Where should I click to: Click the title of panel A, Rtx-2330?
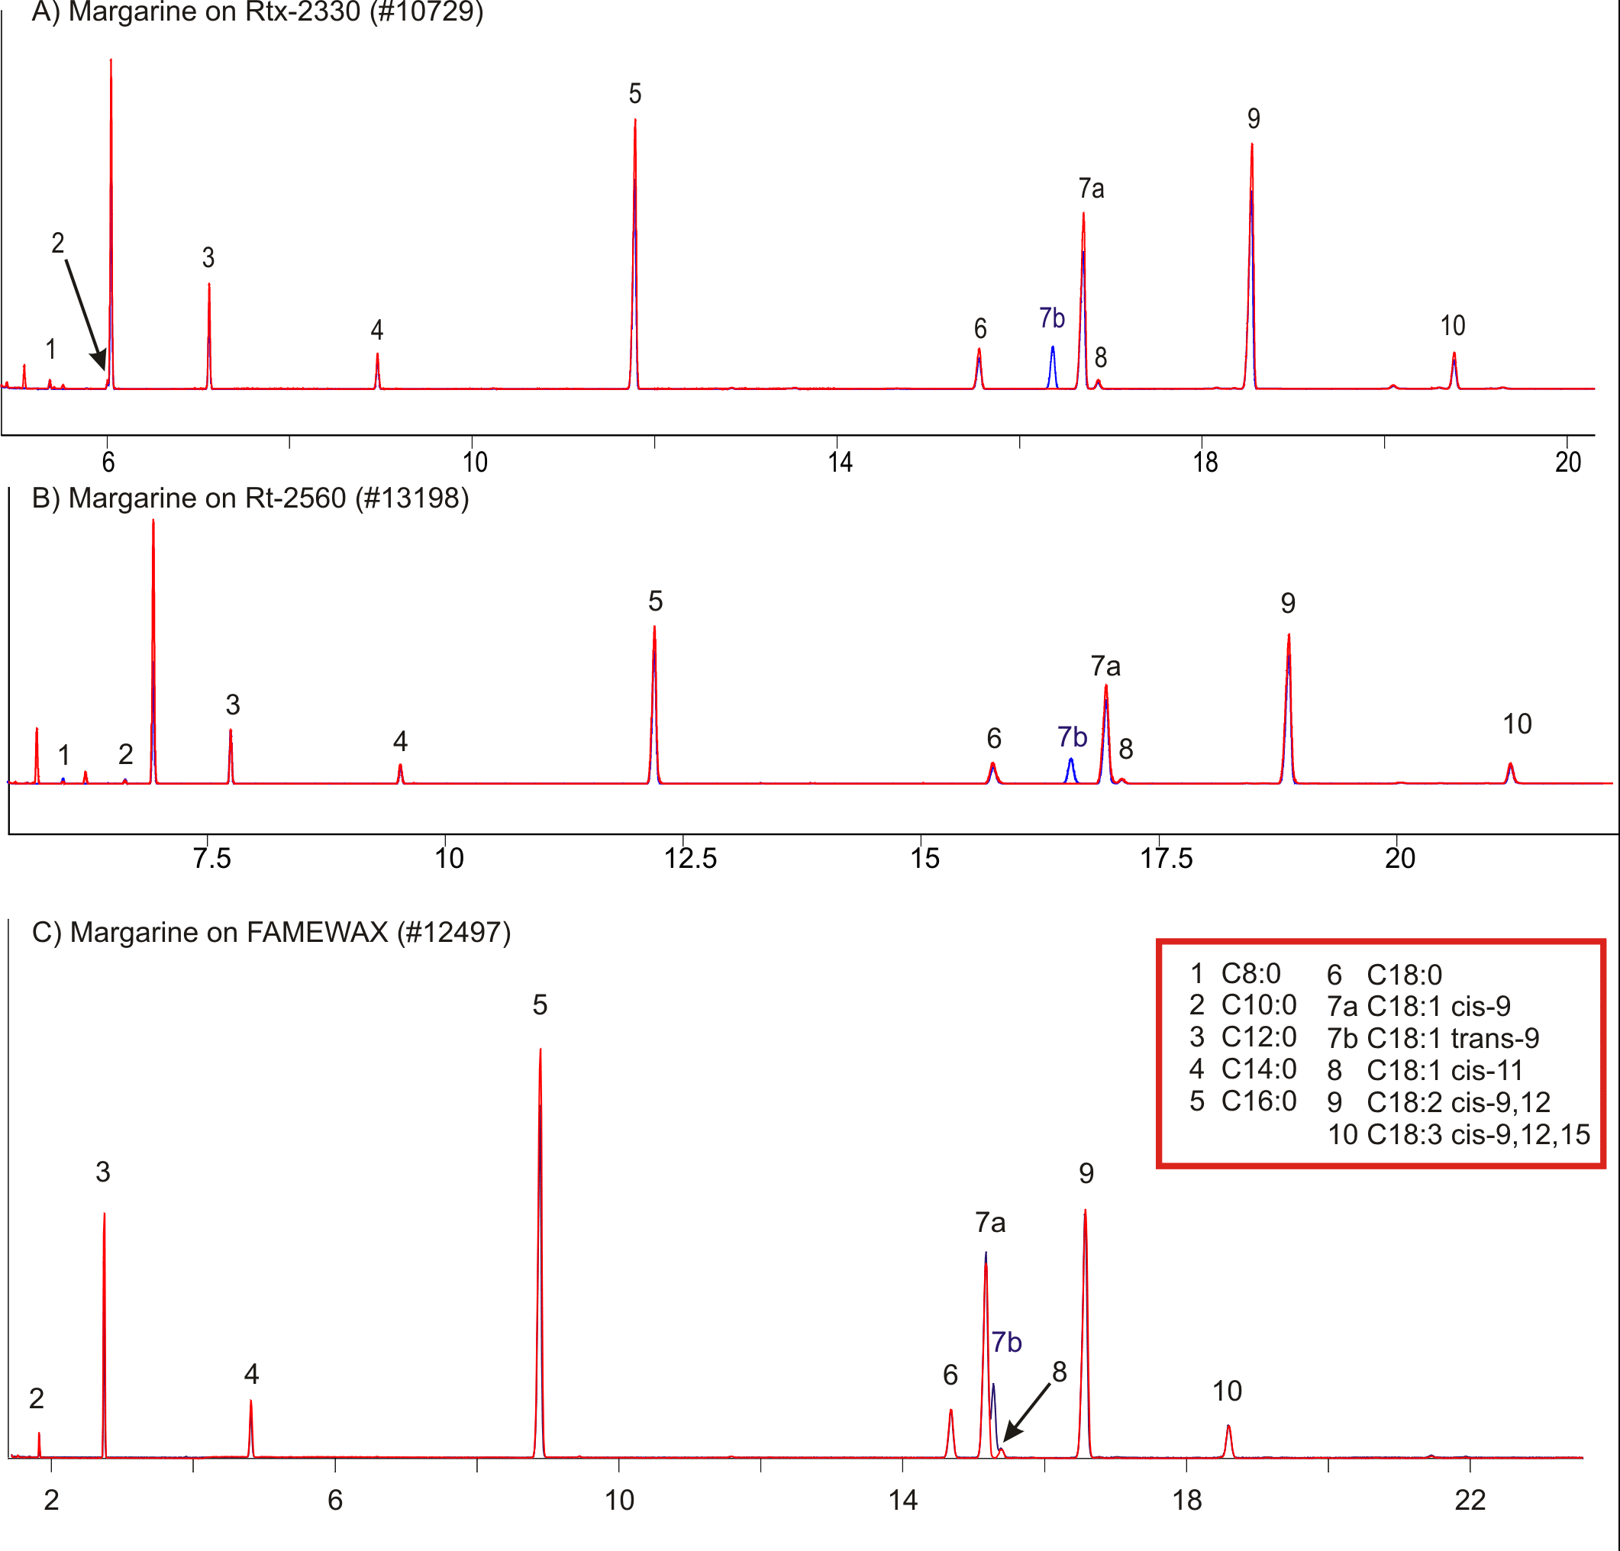coord(257,12)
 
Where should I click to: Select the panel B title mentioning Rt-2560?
coord(250,498)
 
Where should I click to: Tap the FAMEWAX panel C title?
coord(271,932)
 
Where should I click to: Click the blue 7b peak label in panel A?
coord(1051,318)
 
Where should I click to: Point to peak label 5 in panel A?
coord(634,94)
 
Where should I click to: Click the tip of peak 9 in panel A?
coord(1252,147)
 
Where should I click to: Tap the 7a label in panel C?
coord(990,1222)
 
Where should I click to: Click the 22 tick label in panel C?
coord(1470,1500)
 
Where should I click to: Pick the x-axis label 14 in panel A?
coord(840,462)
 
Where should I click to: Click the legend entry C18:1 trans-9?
coord(1432,1038)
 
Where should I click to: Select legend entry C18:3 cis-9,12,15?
coord(1458,1134)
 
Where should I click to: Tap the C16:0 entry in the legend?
coord(1243,1101)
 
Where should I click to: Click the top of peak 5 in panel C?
coord(541,1051)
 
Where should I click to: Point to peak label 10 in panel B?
coord(1517,724)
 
